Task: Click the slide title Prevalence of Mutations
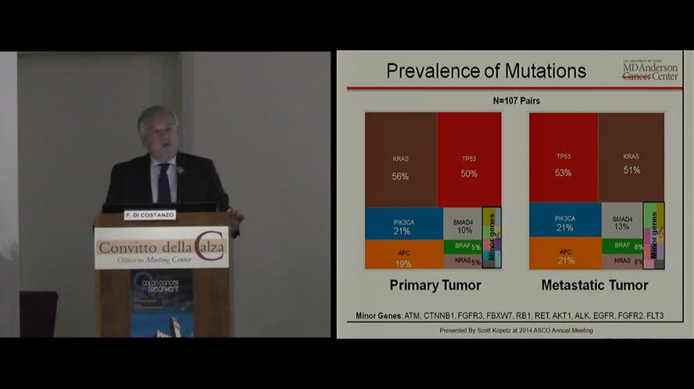click(486, 71)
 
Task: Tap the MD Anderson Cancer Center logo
click(649, 70)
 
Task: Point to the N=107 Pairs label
click(516, 101)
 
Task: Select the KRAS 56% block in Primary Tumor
click(400, 160)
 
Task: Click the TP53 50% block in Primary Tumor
click(469, 160)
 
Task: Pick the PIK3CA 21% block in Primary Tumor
click(403, 223)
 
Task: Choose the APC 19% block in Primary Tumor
click(403, 255)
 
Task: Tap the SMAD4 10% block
click(463, 223)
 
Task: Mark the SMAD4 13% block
click(622, 221)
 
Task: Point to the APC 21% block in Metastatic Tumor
click(565, 255)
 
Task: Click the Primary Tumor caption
click(435, 285)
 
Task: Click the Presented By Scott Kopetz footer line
click(516, 330)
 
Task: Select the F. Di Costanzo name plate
click(149, 215)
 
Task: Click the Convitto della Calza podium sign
click(162, 248)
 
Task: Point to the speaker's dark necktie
click(164, 183)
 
